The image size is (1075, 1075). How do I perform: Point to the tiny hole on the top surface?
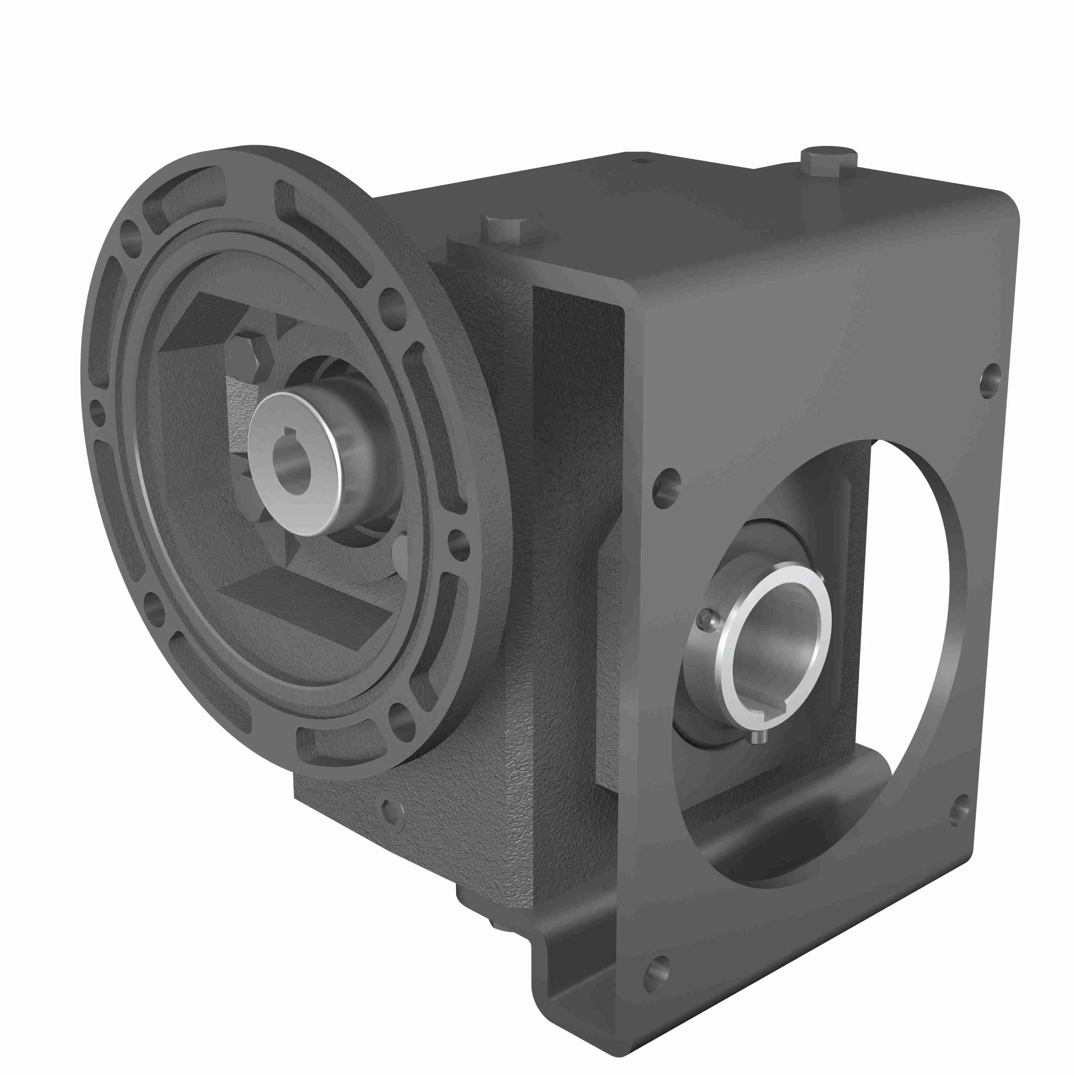click(x=641, y=161)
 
